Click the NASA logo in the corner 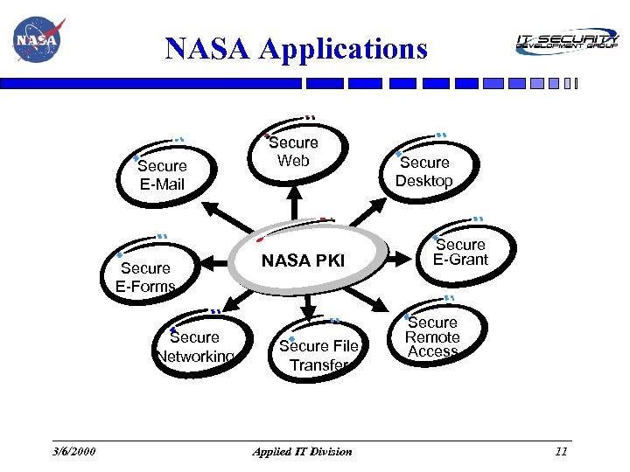pyautogui.click(x=36, y=39)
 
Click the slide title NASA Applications pyautogui.click(x=297, y=48)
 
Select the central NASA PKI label pyautogui.click(x=304, y=260)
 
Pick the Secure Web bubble pyautogui.click(x=294, y=151)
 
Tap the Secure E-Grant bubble pyautogui.click(x=460, y=252)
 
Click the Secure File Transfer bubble pyautogui.click(x=318, y=355)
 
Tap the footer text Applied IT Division pyautogui.click(x=302, y=451)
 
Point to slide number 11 pyautogui.click(x=561, y=451)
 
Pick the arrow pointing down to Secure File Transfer pyautogui.click(x=309, y=306)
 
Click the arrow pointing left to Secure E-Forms pyautogui.click(x=217, y=260)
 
